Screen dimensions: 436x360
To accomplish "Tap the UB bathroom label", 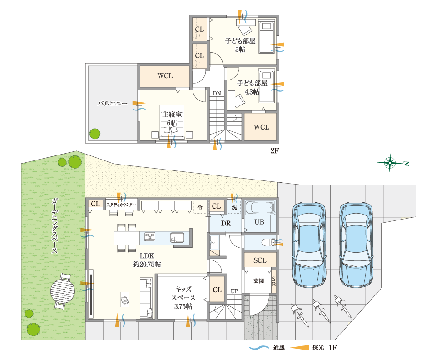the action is point(259,222).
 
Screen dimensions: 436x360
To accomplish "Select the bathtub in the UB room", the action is point(260,208).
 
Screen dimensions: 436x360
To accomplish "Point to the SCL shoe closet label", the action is point(260,260).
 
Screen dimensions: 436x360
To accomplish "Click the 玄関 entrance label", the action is point(259,281).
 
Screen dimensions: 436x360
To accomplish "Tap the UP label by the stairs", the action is point(234,291).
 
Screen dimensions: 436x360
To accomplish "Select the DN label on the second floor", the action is point(217,94).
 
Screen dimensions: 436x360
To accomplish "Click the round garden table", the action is point(63,291).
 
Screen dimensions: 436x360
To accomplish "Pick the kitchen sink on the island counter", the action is point(177,238).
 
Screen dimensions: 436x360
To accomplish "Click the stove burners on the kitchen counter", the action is point(150,237).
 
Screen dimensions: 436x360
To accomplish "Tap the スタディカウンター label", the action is point(122,205).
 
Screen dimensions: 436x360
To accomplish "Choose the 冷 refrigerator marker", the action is point(200,207).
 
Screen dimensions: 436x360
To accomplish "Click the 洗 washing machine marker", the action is point(234,207).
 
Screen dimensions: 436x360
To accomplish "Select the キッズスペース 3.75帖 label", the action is point(183,298).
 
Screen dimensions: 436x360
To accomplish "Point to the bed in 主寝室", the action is point(172,121).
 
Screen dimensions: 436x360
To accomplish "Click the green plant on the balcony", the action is point(95,134).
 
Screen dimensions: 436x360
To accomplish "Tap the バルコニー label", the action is point(112,104).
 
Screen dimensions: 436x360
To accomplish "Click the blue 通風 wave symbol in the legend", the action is point(259,348).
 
